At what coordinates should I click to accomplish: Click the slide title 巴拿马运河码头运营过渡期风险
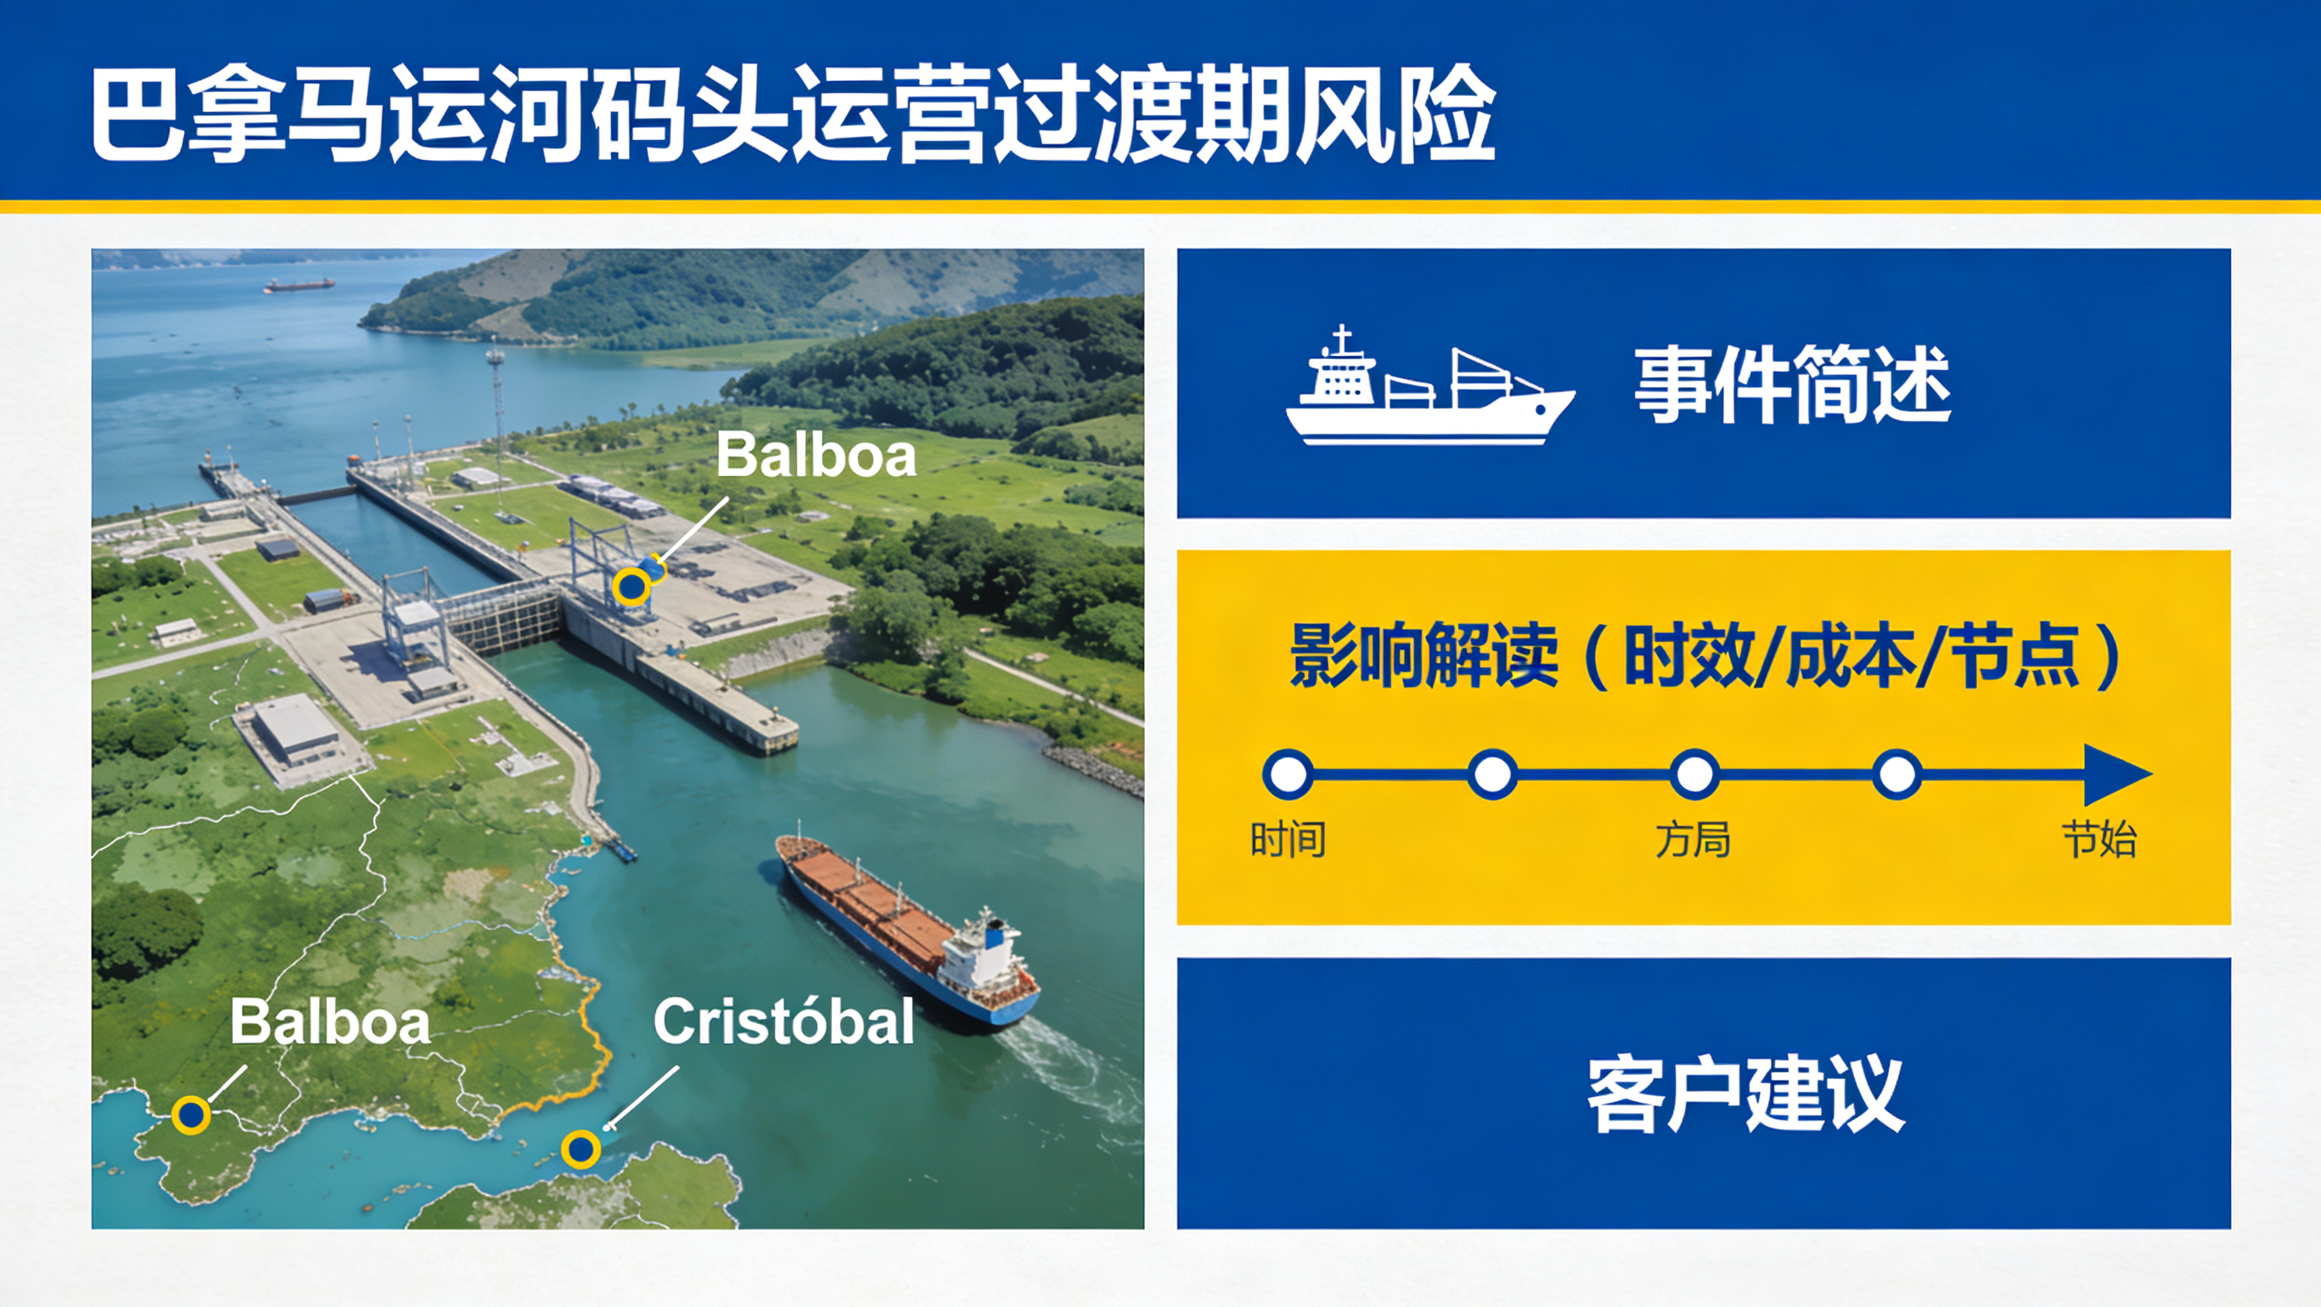[x=793, y=113]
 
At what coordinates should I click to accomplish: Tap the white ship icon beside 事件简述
[x=1430, y=386]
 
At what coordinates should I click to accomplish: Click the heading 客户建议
[x=1745, y=1094]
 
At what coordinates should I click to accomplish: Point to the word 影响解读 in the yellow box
[x=1424, y=656]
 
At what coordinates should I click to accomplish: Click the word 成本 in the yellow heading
[x=1851, y=656]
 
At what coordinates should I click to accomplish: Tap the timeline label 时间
[x=1287, y=839]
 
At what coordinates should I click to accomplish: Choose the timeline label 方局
[x=1693, y=839]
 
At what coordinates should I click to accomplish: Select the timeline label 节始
[x=2099, y=839]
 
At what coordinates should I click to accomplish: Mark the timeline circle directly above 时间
[x=1287, y=774]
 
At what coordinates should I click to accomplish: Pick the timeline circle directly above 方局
[x=1694, y=774]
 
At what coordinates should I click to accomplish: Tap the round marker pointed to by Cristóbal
[x=581, y=1149]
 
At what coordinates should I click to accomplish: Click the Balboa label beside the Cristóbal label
[x=330, y=1023]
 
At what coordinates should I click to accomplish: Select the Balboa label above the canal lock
[x=816, y=455]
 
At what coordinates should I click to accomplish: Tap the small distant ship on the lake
[x=299, y=284]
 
